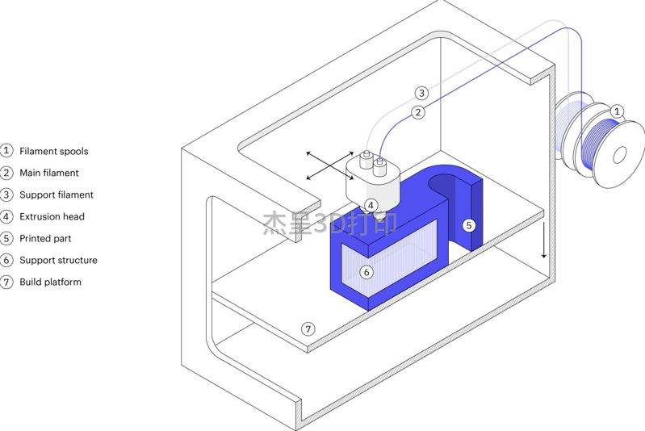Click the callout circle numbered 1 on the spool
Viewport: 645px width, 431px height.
(616, 111)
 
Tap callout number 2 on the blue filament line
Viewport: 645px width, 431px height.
(418, 112)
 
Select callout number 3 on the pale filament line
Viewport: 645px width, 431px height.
(421, 94)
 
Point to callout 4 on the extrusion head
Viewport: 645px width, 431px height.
(371, 205)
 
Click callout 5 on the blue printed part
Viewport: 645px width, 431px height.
(468, 225)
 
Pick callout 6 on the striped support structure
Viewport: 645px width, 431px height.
(366, 272)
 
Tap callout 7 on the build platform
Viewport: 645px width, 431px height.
(308, 329)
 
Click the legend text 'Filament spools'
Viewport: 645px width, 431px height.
(54, 152)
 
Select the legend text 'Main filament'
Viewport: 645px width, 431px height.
(49, 173)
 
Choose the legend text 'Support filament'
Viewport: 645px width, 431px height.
(57, 195)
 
